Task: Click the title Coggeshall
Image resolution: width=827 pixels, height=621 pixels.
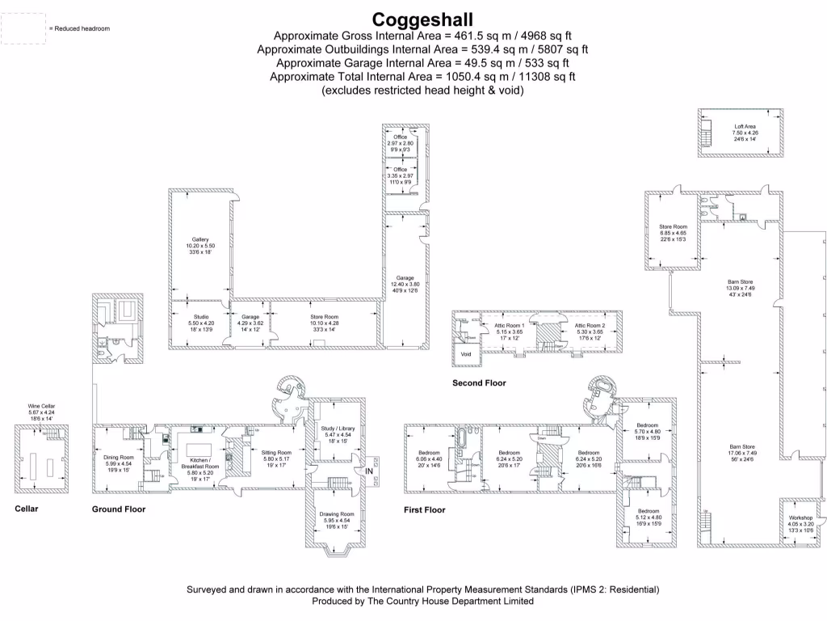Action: click(423, 19)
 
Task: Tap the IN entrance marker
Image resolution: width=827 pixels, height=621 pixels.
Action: click(369, 471)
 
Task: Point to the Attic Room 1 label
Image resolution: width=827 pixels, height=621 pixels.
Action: click(509, 325)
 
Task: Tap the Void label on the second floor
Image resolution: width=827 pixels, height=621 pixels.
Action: click(466, 354)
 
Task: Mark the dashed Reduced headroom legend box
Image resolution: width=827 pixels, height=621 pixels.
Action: click(23, 28)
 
